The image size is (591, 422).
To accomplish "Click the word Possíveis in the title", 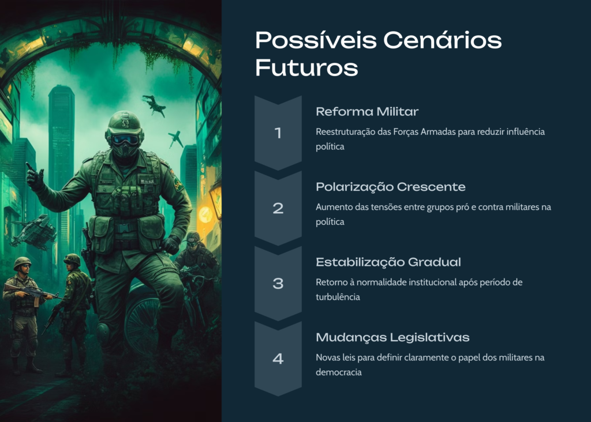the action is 316,40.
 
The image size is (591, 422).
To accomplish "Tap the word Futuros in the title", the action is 306,68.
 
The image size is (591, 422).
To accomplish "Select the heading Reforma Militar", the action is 367,111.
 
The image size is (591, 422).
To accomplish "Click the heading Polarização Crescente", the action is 391,187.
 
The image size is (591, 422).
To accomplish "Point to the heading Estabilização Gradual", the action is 388,262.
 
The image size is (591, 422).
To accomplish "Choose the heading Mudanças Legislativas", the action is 392,337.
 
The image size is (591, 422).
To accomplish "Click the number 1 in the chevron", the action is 278,133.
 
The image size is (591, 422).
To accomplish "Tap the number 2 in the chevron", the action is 278,208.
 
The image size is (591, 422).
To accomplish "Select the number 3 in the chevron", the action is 278,284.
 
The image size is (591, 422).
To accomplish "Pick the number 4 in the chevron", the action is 278,359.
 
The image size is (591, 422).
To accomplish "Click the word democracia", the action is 338,372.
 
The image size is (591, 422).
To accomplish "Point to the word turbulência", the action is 338,297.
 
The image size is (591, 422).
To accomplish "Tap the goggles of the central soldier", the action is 125,140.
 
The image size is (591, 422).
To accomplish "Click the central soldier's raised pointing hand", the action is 35,177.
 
